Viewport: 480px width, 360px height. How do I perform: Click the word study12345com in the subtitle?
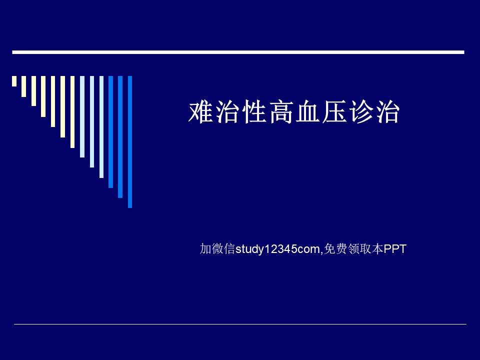click(277, 249)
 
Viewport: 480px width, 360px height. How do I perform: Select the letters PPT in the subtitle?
click(395, 249)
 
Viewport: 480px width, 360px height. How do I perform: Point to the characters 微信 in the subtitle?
click(223, 248)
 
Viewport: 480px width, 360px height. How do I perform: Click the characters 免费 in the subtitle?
click(335, 248)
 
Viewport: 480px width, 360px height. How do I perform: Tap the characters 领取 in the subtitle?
click(359, 248)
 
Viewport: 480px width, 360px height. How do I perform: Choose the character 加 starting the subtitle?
click(205, 248)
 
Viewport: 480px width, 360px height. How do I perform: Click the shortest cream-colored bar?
click(14, 81)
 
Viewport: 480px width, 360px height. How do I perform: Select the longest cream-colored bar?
click(72, 112)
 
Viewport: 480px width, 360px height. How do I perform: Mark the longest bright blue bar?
click(130, 142)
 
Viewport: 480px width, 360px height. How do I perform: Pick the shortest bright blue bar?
click(111, 132)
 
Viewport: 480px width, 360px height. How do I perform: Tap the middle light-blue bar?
click(92, 122)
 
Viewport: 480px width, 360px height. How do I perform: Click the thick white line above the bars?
click(238, 52)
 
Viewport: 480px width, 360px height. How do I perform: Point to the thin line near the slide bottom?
click(240, 324)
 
